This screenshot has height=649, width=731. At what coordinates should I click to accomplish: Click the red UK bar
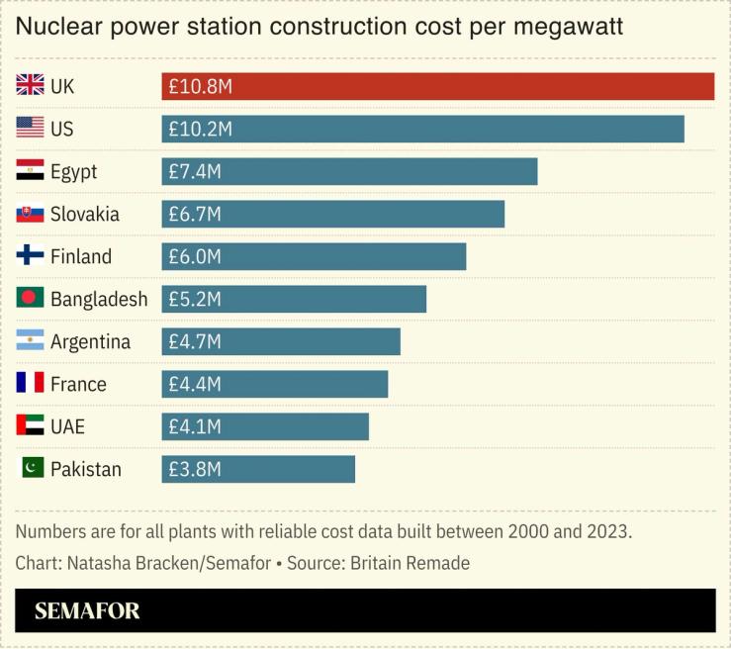coord(437,87)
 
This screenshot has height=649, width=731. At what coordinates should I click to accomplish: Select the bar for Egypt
coord(349,172)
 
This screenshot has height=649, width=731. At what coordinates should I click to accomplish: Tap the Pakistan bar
coord(258,469)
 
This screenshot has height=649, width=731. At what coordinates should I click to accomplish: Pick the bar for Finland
coord(314,257)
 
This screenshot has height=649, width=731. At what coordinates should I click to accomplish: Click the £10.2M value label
coord(200,130)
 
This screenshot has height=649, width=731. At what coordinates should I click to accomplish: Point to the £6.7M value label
coord(195,215)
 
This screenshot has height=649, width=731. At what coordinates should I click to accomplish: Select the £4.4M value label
coord(195,384)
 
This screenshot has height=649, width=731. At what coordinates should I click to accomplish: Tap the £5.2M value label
coord(195,300)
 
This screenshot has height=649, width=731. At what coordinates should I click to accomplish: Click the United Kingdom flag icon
coord(31,86)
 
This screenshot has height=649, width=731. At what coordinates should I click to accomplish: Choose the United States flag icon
coord(31,129)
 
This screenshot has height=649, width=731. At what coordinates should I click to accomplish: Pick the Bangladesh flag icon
coord(31,299)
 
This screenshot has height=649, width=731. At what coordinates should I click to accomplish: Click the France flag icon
coord(31,383)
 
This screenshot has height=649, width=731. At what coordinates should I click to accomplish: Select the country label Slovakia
coord(85,215)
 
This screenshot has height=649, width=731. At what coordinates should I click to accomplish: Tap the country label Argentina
coord(90,342)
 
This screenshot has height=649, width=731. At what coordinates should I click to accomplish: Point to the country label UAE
coord(68,426)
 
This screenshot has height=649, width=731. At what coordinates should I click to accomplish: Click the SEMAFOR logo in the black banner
coord(87,611)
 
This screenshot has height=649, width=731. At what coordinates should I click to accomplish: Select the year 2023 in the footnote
coord(605,531)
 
